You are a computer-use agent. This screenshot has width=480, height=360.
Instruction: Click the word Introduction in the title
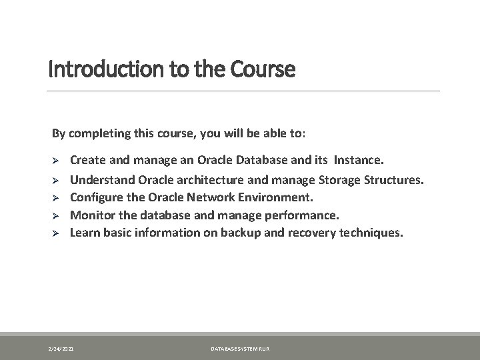coord(106,69)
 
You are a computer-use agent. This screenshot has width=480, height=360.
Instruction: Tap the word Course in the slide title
coord(263,69)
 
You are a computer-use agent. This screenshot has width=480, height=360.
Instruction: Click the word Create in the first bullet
coord(88,160)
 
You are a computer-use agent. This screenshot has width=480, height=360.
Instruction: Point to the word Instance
coord(359,160)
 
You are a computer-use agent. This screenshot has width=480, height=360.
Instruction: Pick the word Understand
coord(102,180)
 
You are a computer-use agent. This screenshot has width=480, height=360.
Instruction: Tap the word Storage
coord(339,180)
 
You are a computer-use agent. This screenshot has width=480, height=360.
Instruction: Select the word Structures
coord(394,180)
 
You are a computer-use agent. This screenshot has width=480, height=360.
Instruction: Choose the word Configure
coord(97,197)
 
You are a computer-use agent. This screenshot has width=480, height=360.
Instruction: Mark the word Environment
coord(275,197)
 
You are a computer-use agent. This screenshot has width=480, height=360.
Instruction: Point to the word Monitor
coord(93,215)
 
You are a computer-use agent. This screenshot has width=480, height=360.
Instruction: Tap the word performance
coord(302,216)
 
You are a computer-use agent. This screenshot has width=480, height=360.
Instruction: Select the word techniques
coord(371,233)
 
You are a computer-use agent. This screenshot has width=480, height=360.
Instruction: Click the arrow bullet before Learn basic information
coord(55,233)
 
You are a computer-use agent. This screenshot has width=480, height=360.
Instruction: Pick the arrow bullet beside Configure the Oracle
coord(55,198)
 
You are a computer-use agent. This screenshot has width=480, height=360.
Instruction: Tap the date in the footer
coord(61,349)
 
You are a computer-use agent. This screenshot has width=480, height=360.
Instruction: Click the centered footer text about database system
coord(240,349)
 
